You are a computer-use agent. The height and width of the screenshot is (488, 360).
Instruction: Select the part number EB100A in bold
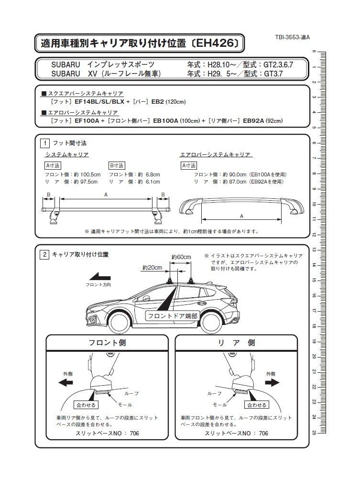[165, 121]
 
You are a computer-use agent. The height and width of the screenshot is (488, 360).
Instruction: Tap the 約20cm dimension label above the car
[152, 268]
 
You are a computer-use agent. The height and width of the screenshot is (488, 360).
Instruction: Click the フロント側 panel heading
[107, 343]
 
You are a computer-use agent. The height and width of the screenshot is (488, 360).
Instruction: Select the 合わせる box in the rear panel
[256, 405]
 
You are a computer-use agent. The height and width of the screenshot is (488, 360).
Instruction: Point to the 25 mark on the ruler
[314, 432]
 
